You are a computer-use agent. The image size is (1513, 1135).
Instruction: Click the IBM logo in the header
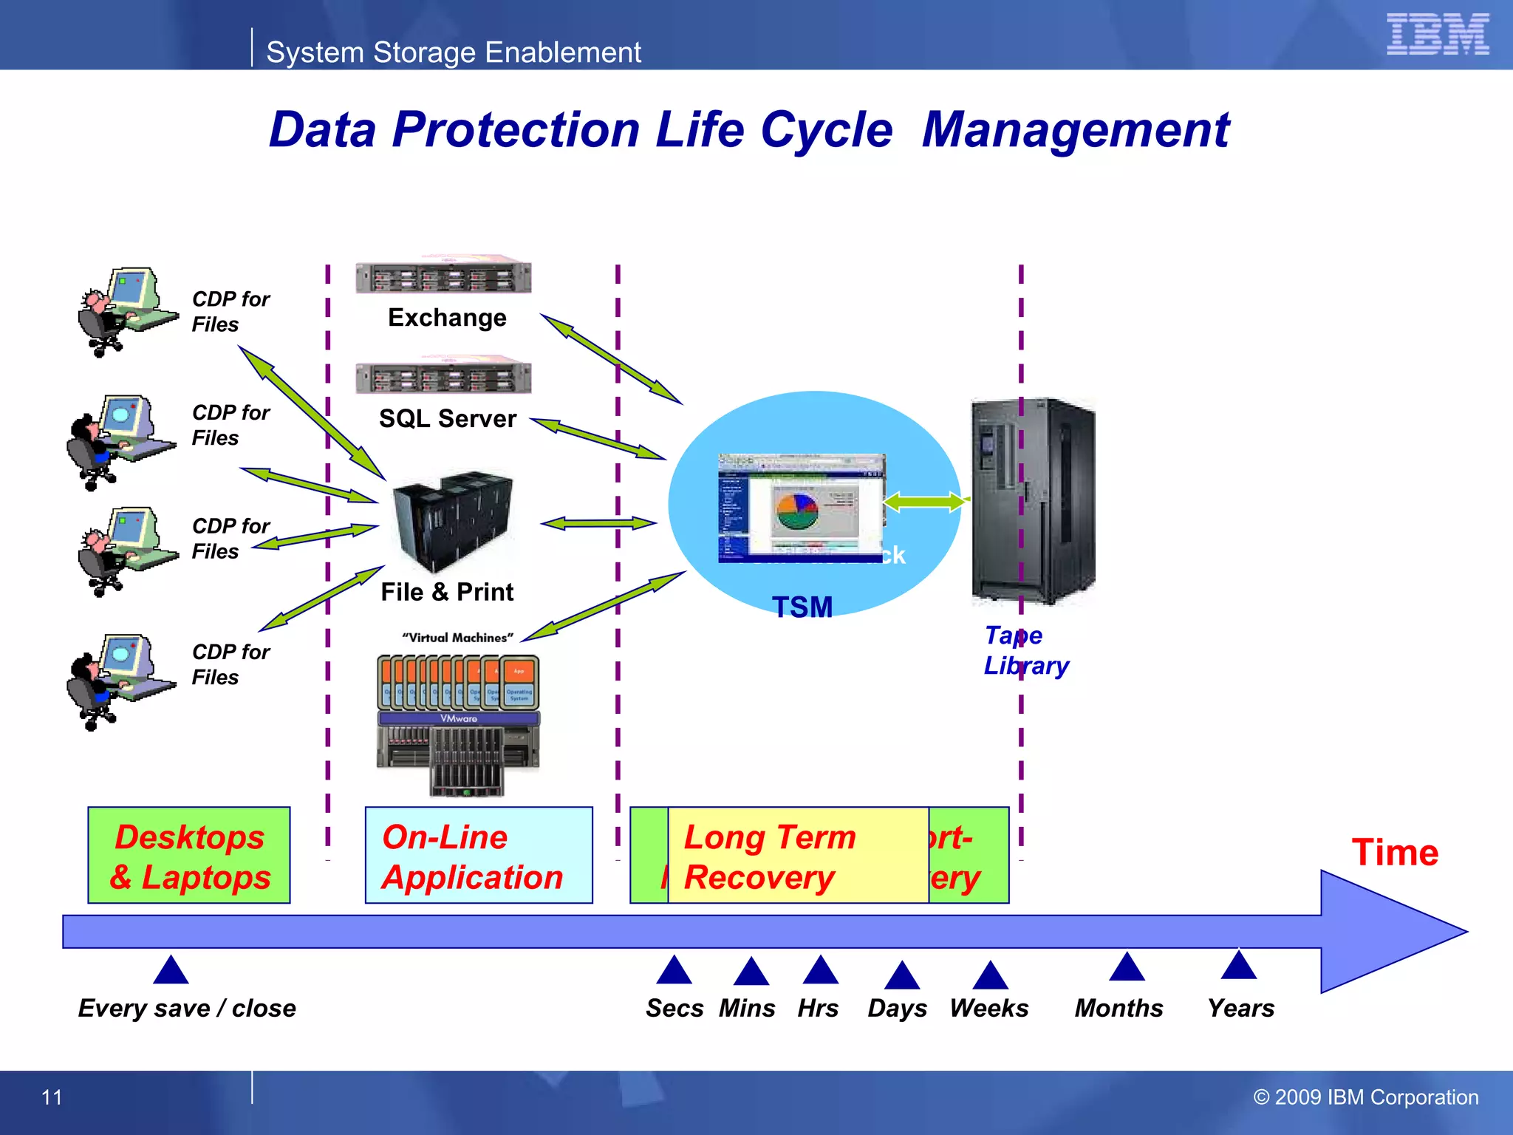coord(1437,34)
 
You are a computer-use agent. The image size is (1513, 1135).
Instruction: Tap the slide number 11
coord(52,1097)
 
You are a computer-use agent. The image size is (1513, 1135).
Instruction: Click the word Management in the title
coord(1076,130)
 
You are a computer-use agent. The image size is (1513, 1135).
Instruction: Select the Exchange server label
coord(447,318)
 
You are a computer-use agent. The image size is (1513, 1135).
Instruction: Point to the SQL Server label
coord(447,419)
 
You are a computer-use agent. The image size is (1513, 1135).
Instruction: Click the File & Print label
coord(447,592)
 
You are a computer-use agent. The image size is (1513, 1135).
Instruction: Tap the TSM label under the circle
coord(802,607)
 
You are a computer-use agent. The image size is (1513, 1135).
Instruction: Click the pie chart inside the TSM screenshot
coord(796,510)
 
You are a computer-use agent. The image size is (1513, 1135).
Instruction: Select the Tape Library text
coord(1025,651)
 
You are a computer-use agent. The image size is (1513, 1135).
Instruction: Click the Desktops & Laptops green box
coord(189,856)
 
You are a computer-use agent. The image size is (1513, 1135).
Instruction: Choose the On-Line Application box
coord(479,856)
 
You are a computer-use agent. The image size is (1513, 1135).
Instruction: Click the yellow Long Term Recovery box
coord(798,856)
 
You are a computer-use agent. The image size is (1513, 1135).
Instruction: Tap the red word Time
coord(1395,853)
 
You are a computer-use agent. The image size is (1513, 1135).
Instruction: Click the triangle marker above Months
coord(1127,968)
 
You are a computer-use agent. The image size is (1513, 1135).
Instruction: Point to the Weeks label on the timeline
coord(988,1008)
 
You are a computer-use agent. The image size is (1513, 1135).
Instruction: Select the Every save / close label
coord(187,1008)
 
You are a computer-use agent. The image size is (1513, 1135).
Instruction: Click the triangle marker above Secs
coord(674,971)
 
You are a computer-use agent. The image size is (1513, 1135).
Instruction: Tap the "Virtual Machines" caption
coord(457,638)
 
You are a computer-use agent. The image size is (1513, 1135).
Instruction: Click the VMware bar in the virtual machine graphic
coord(459,718)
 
